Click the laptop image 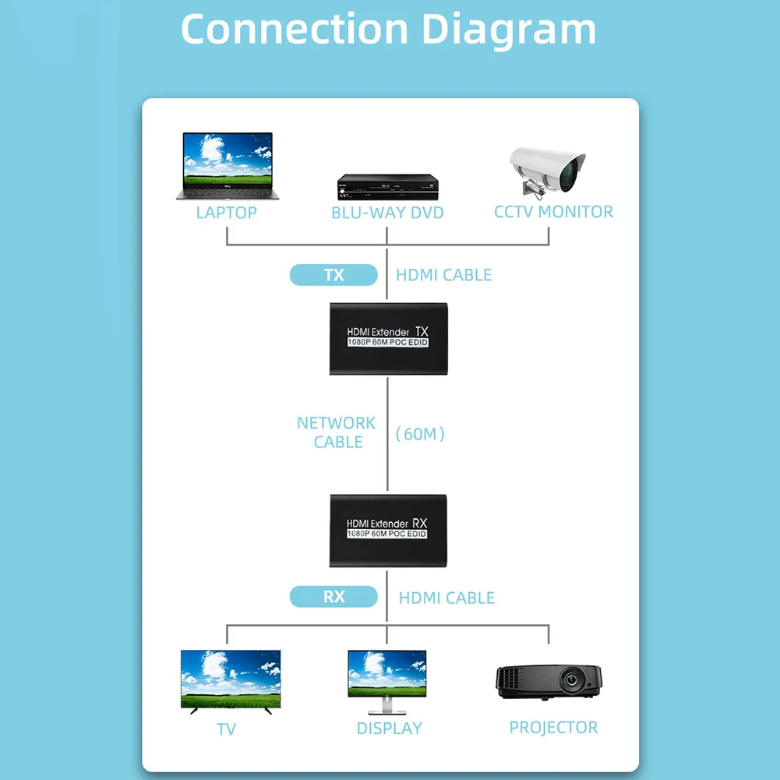coord(227,166)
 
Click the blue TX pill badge coord(334,275)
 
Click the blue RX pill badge coord(334,598)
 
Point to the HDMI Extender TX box coord(388,339)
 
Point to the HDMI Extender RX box coord(388,530)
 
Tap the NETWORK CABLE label coord(337,432)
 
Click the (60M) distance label coord(421,434)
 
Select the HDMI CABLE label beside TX coord(444,275)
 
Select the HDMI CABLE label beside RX coord(446,598)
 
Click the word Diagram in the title coord(509,29)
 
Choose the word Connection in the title coord(295,29)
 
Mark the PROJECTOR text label coord(553,728)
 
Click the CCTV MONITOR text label coord(553,212)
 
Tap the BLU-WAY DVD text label coord(387,214)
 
